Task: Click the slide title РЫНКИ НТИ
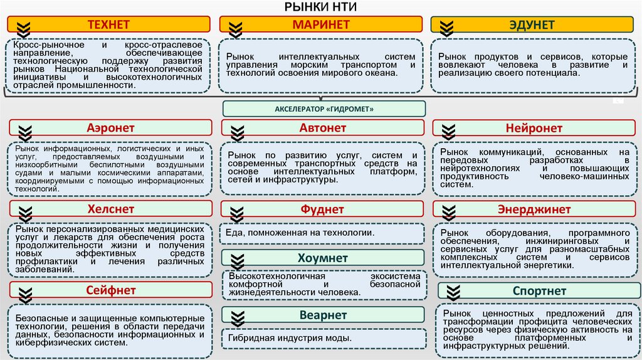point(320,8)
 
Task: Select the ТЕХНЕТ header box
point(108,24)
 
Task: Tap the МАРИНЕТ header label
point(322,24)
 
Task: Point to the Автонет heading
point(323,128)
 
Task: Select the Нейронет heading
point(534,128)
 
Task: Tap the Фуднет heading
point(323,209)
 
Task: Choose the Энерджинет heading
point(534,209)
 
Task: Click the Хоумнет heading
point(323,258)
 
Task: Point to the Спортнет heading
point(539,290)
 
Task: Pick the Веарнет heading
point(323,314)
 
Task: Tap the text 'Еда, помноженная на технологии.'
point(302,233)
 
